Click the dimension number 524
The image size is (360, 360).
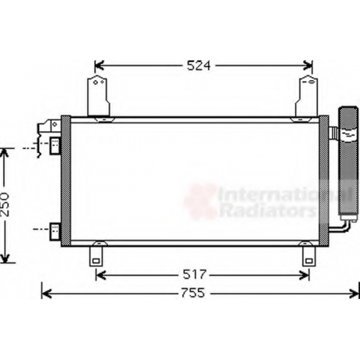(199, 66)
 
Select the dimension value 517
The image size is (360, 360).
(194, 274)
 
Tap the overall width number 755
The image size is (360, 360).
(193, 293)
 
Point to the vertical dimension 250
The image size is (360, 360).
(5, 204)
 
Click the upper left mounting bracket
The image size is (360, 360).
(99, 96)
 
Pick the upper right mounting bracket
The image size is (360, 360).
(307, 96)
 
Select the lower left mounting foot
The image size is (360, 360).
(96, 256)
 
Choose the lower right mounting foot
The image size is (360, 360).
(309, 256)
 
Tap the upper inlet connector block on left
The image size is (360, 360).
(55, 145)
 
